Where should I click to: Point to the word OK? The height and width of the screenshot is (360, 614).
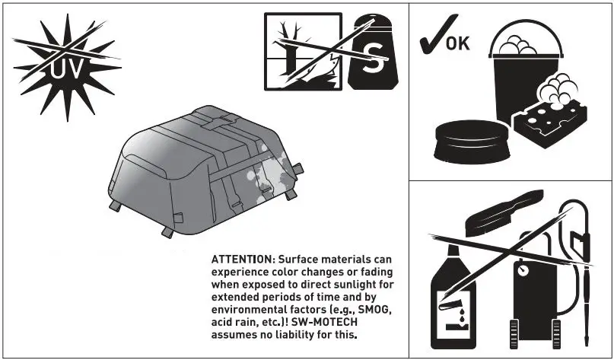click(x=457, y=42)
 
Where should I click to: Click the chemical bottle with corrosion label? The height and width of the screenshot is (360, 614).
click(x=455, y=301)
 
